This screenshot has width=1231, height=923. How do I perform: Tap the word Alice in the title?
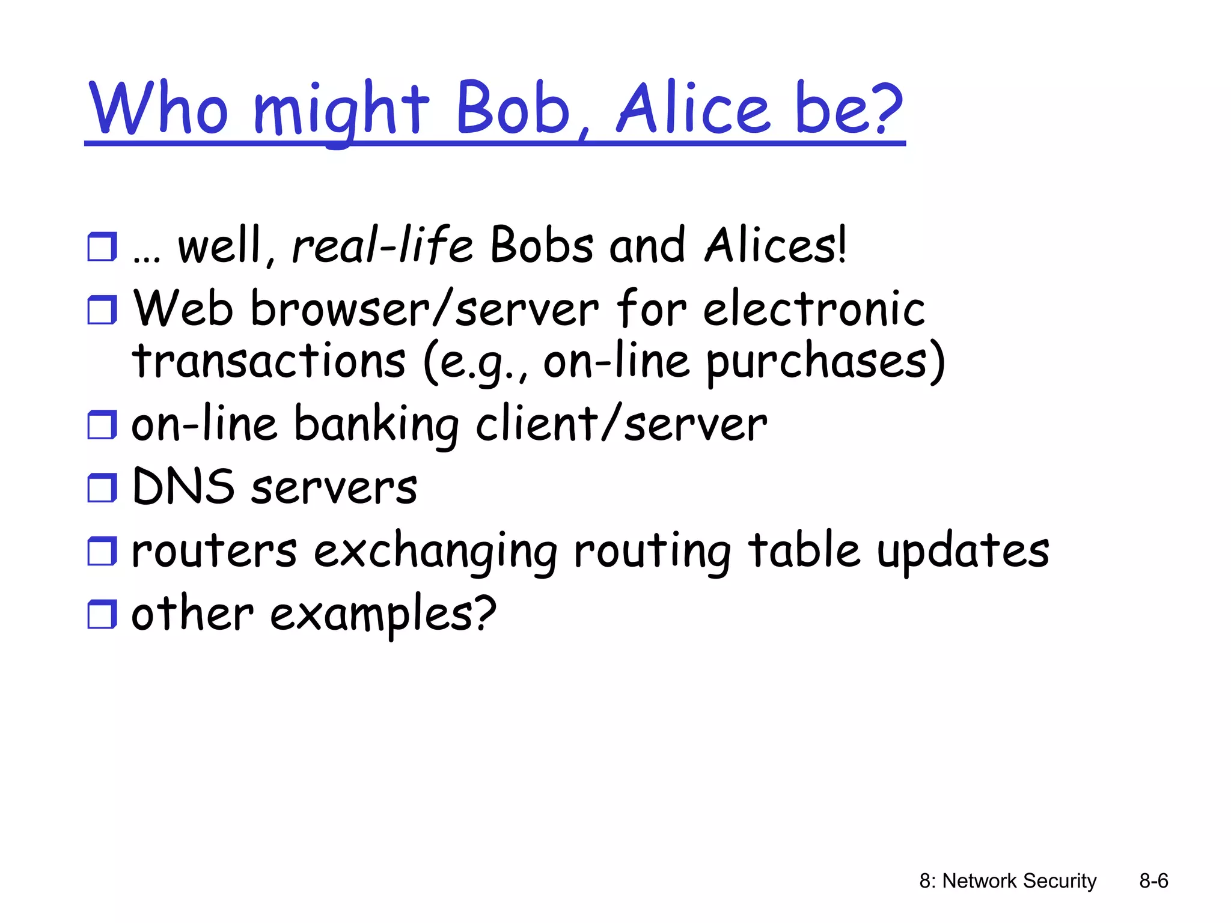[693, 108]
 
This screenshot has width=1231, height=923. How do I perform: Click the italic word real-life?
[382, 245]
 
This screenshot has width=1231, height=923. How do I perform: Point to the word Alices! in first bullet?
[775, 245]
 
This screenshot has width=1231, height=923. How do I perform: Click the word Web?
[183, 308]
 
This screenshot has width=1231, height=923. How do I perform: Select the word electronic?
[814, 308]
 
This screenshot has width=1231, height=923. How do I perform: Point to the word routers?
[214, 550]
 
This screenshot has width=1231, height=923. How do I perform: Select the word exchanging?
[435, 552]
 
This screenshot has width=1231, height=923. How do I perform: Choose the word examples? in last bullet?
[383, 614]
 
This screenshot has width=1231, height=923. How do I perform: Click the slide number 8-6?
[1153, 881]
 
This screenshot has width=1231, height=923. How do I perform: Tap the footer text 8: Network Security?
[1007, 881]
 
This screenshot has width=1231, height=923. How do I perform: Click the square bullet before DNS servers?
[102, 487]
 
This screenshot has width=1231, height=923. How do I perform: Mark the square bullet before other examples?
[102, 614]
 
